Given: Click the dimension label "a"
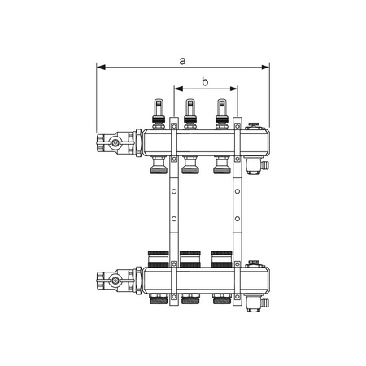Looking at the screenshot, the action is coord(183,61).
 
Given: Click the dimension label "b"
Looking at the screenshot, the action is coord(205,81).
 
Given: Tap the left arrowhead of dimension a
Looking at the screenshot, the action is coord(101,67).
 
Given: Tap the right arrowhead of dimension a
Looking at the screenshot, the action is coord(265,67).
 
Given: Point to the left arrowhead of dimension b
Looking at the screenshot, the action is coord(178,89).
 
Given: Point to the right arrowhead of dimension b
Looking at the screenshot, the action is coord(233,89).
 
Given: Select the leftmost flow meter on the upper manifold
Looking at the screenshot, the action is coord(159,114).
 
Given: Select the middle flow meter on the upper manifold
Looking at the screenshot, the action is coord(190,114).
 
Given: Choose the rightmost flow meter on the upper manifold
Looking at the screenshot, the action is coord(221,114).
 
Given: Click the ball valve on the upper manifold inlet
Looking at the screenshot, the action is coord(115,142).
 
